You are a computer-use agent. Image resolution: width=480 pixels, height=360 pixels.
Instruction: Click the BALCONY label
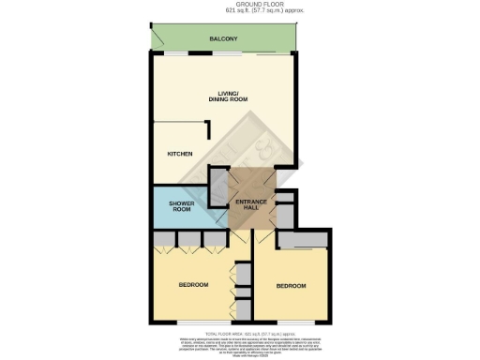tap(222, 38)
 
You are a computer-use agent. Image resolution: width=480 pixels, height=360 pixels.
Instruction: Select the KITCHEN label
tap(179, 154)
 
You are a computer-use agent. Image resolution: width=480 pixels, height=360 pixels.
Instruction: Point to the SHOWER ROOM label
tap(181, 206)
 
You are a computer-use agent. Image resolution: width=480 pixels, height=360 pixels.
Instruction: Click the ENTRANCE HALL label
tap(251, 203)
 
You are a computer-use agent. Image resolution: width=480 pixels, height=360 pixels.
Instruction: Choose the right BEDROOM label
tap(292, 287)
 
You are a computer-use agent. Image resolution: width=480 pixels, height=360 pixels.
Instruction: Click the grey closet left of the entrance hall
tap(219, 180)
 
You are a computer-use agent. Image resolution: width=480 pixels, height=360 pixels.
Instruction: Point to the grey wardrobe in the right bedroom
tap(301, 240)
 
